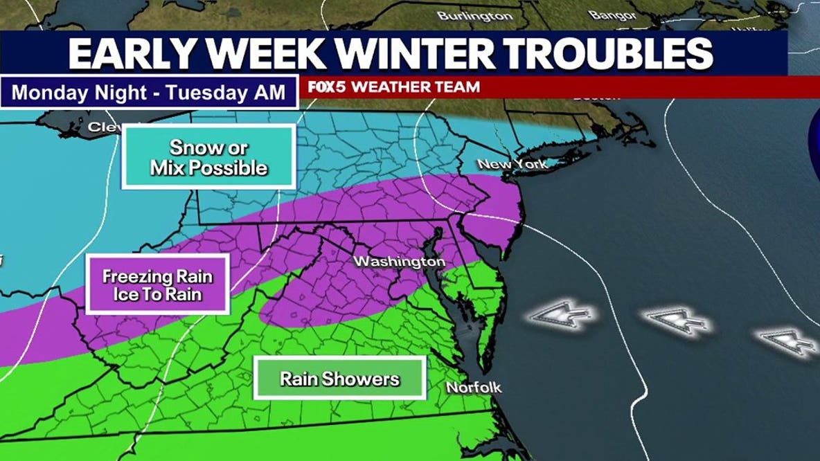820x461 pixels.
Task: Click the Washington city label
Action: coord(400,262)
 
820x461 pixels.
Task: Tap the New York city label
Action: coord(513,164)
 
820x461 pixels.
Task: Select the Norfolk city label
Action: coord(474,388)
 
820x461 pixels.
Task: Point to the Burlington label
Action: coord(475,15)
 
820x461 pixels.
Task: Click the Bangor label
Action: coord(612,14)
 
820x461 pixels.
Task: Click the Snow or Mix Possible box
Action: coord(209,157)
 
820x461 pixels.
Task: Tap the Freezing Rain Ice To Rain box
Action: coord(158,284)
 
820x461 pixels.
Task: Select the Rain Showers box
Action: coord(339,379)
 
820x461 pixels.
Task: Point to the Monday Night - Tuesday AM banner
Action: coord(149,92)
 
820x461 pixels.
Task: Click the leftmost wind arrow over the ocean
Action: coord(561,316)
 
